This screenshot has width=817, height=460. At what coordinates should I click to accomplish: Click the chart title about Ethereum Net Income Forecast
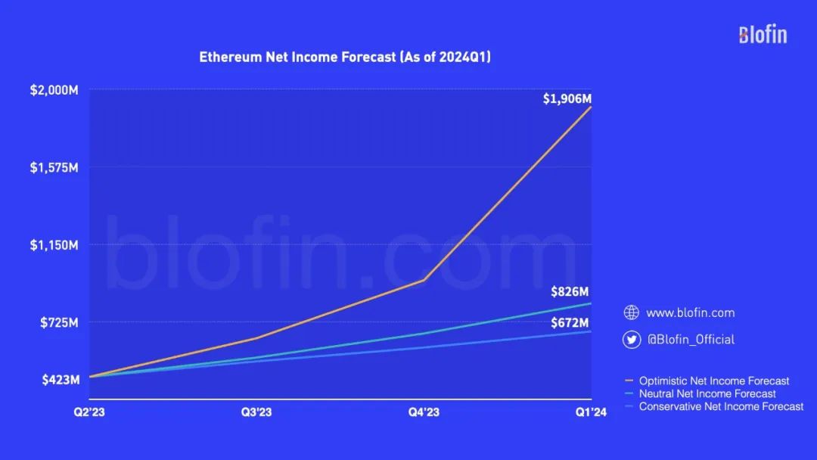(x=345, y=57)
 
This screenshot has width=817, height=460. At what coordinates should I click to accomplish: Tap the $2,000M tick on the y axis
(x=54, y=90)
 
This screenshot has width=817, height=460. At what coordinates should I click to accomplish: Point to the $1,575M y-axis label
(x=54, y=167)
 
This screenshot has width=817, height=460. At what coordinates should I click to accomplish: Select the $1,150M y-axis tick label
(x=54, y=245)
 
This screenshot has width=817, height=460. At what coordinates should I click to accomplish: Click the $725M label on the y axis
(x=58, y=323)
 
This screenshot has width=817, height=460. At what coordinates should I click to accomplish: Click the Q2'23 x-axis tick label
(x=89, y=412)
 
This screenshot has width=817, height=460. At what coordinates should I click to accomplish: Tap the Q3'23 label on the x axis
(x=256, y=412)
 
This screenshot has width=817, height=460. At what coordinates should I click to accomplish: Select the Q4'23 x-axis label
(x=424, y=412)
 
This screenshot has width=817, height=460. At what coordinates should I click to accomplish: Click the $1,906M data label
(x=567, y=98)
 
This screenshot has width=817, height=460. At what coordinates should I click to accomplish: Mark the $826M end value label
(x=570, y=292)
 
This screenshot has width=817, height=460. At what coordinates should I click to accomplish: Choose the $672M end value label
(x=570, y=323)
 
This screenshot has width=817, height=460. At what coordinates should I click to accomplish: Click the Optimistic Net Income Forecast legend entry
(x=713, y=381)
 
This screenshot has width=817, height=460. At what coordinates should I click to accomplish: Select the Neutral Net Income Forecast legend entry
(x=707, y=393)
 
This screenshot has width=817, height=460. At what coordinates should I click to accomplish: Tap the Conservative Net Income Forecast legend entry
(x=721, y=406)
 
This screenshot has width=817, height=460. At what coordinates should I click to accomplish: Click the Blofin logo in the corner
(x=763, y=34)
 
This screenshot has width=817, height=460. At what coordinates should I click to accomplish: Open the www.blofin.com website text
(x=690, y=312)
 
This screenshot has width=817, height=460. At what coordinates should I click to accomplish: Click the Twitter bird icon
(x=631, y=339)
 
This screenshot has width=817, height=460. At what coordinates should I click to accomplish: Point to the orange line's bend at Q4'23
(x=424, y=280)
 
